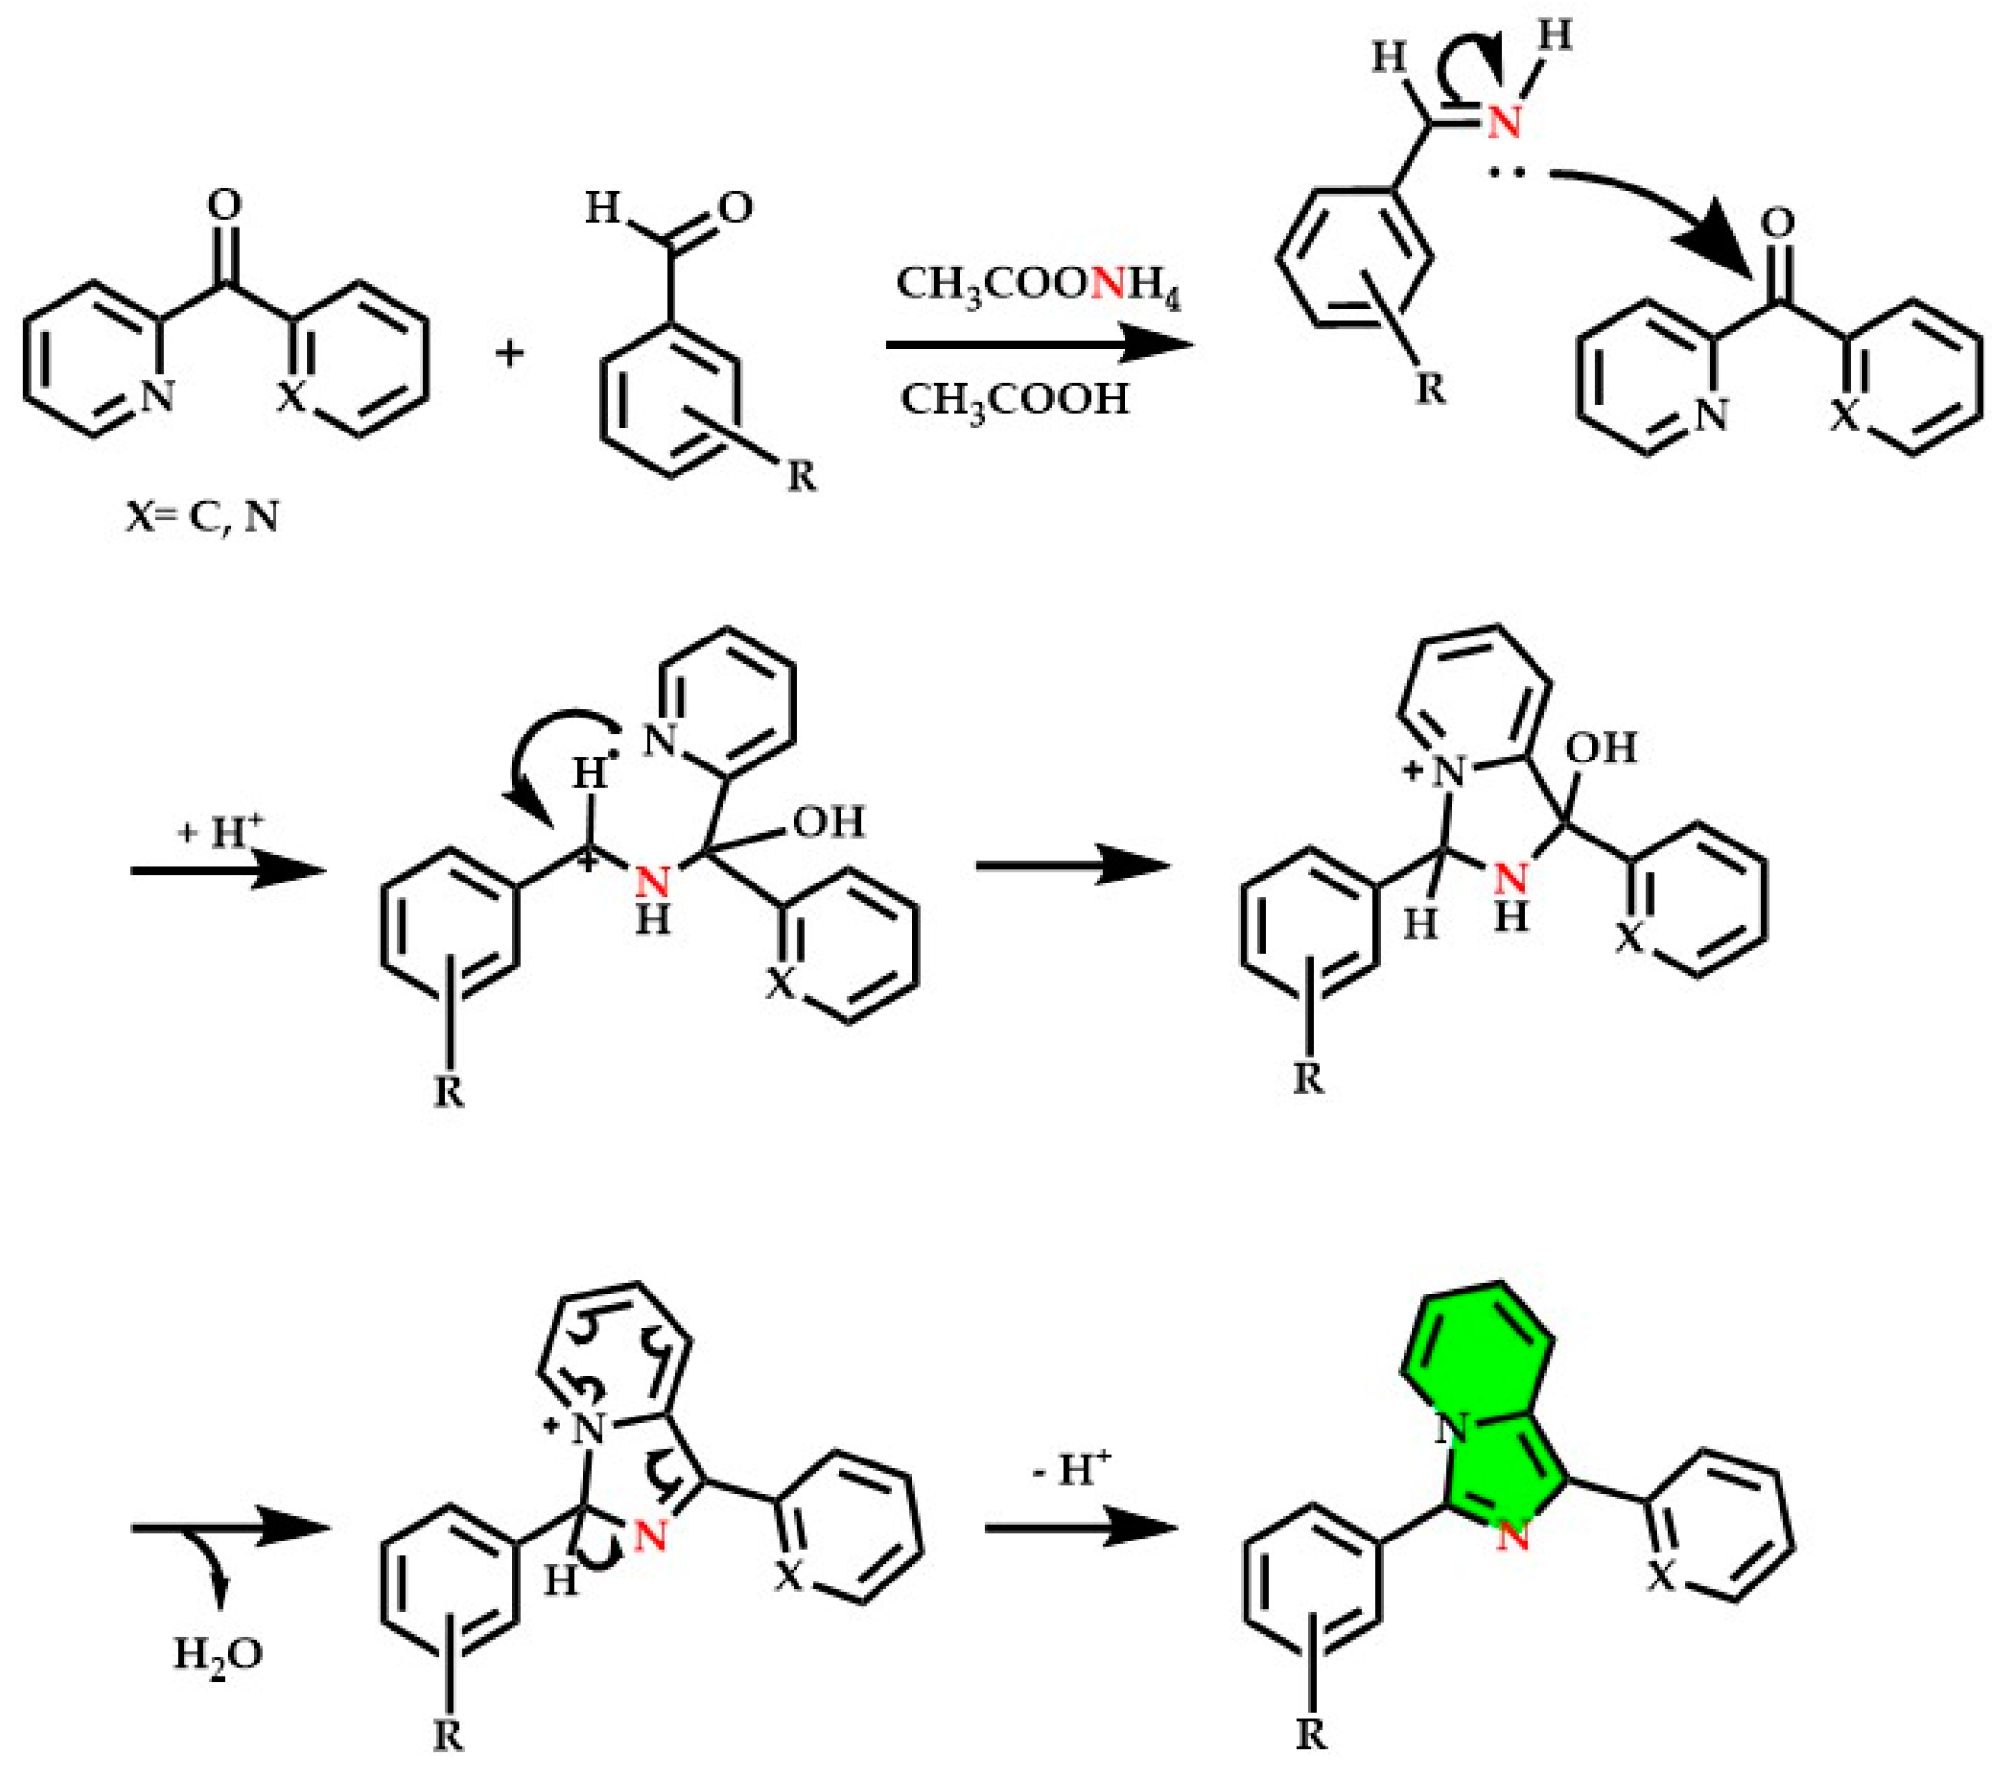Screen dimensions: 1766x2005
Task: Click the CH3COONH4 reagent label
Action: [1038, 286]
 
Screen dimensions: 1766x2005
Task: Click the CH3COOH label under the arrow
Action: [1014, 399]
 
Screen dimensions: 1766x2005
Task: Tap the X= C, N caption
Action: [202, 516]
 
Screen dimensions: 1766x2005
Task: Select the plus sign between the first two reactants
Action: [511, 353]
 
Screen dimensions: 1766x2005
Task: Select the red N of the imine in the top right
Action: [1502, 124]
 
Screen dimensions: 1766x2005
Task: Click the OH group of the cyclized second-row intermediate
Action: [1600, 749]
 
